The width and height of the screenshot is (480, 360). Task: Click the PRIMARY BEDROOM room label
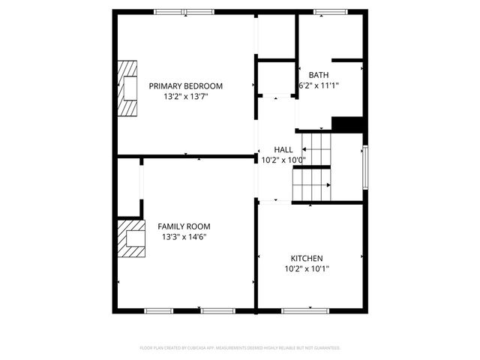(x=185, y=86)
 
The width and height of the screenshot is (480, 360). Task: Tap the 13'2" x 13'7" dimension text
(x=185, y=97)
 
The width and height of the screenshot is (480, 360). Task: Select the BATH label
(x=319, y=75)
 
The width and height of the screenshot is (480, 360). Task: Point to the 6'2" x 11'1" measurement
(x=319, y=85)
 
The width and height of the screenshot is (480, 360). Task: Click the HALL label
(x=283, y=149)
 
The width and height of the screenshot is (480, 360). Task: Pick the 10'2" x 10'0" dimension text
(x=283, y=160)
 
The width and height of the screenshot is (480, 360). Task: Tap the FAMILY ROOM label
(x=184, y=226)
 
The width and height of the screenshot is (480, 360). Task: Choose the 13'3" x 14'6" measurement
(x=184, y=237)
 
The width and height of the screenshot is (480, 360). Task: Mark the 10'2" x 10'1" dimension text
(x=307, y=268)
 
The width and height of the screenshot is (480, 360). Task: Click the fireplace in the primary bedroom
(x=128, y=88)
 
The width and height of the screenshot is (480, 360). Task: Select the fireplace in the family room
(x=130, y=238)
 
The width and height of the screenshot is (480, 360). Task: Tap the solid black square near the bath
(x=347, y=124)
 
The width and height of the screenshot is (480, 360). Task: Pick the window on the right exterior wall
(x=365, y=167)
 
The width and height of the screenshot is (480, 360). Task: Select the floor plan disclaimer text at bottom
(x=240, y=348)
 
